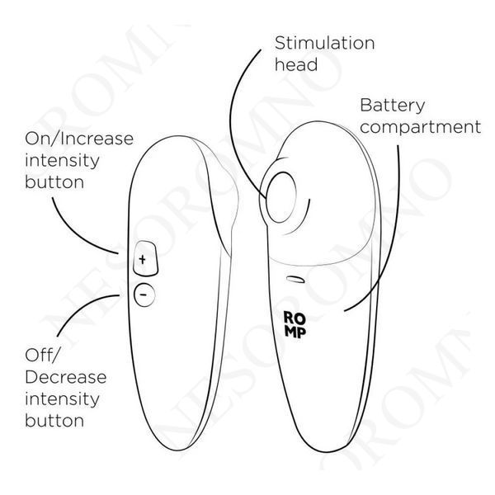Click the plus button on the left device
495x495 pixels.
(145, 258)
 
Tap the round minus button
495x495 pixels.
(144, 295)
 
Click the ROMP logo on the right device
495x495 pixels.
(295, 324)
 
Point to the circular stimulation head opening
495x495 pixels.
(280, 197)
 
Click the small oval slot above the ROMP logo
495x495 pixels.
(295, 280)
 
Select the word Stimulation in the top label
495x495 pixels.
(324, 43)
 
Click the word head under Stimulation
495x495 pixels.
(296, 64)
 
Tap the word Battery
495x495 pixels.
(393, 106)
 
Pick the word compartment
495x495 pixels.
(420, 128)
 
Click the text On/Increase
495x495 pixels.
(79, 139)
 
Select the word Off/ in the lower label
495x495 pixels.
(42, 355)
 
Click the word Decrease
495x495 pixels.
(66, 377)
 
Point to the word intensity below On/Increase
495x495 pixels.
(62, 161)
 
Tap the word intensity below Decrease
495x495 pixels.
(62, 399)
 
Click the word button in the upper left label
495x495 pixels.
(54, 182)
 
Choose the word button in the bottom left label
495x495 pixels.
(54, 421)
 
